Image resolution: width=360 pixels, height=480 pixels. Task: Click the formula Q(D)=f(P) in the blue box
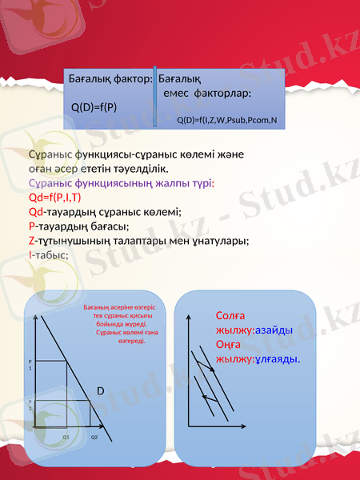[x=94, y=106]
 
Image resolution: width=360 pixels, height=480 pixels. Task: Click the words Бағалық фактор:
[x=110, y=79]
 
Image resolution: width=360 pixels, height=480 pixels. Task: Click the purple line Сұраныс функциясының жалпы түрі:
[x=121, y=183]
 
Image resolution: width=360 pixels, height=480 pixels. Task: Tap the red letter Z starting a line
[x=30, y=240]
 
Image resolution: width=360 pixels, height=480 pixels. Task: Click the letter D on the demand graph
[x=101, y=390]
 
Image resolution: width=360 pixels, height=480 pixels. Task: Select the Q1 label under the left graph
[x=66, y=438]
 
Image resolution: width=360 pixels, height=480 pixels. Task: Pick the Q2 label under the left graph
[x=94, y=438]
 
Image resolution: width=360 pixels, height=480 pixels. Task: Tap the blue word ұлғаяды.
[x=278, y=358]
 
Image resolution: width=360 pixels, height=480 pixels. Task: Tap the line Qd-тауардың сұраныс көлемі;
[x=104, y=212]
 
